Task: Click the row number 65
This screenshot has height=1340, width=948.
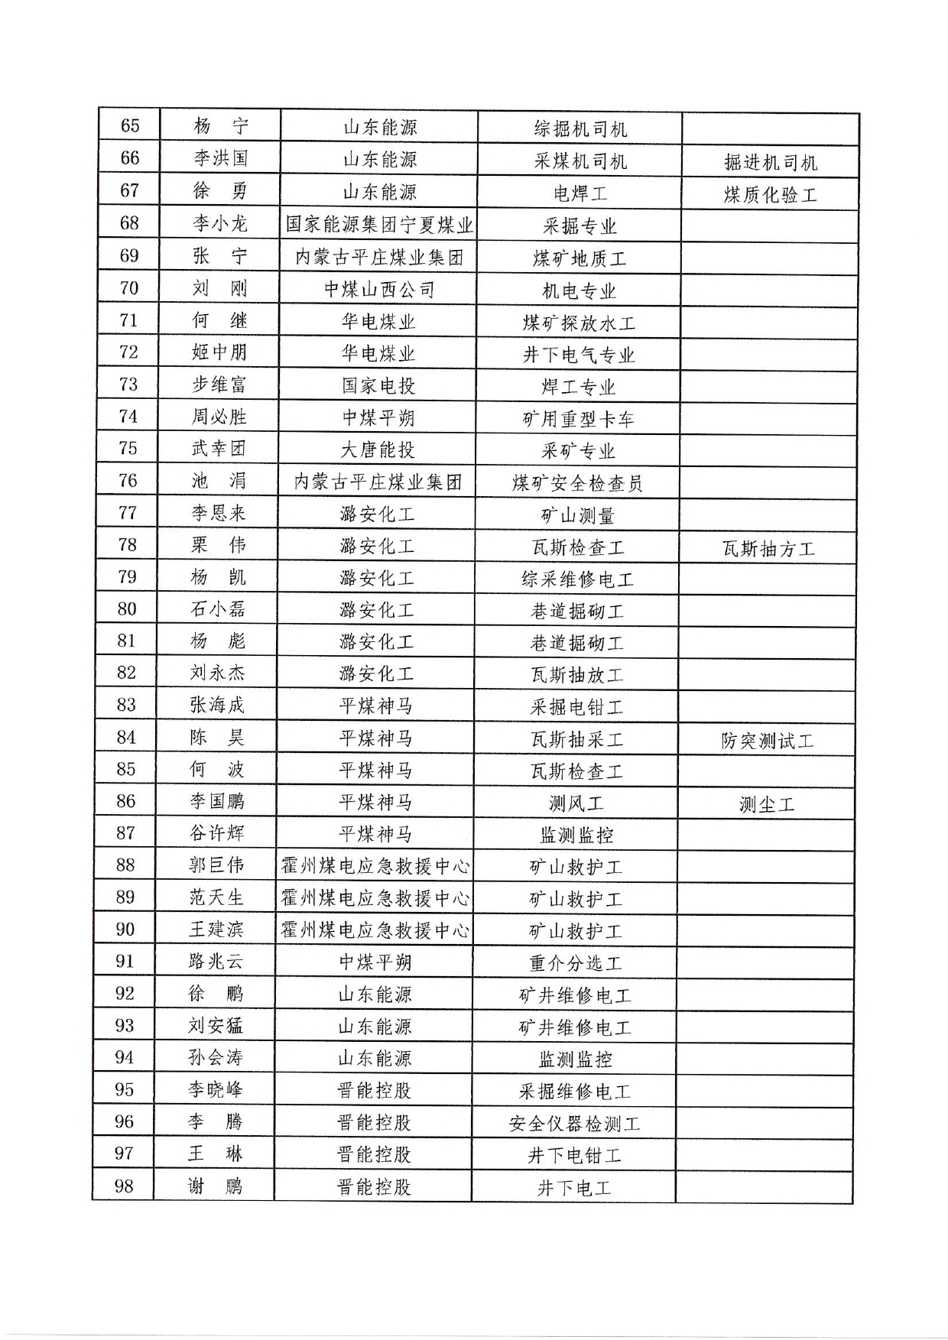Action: coord(131,126)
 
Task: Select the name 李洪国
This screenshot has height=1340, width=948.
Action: coord(220,158)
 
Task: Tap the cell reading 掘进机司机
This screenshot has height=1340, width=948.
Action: coord(770,162)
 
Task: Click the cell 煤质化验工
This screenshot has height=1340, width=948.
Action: coord(770,194)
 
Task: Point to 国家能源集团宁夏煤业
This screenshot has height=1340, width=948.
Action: coord(379,224)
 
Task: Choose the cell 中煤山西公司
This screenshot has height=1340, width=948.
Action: coord(379,289)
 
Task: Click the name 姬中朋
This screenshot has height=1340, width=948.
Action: coord(219,352)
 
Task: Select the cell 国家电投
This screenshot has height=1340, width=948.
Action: coord(378,385)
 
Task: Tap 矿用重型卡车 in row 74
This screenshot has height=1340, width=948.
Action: coord(578,418)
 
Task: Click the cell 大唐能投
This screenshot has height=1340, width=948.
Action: coord(378,449)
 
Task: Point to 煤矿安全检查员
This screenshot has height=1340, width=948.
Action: coord(577,483)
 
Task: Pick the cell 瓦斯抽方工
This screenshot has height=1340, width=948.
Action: coord(768,548)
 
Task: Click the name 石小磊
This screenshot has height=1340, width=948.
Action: coord(218,609)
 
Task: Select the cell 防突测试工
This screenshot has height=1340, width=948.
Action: coord(767,740)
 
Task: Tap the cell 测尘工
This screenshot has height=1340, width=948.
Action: coord(767,804)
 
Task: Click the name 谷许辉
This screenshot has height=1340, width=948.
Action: coord(217,832)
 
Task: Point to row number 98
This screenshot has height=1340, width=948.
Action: coord(124,1186)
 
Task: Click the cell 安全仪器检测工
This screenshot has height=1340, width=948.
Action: coord(574,1124)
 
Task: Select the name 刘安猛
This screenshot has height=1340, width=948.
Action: coord(216,1025)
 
